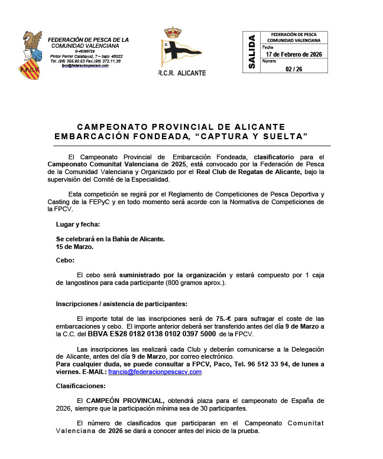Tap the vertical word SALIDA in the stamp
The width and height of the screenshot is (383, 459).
252,52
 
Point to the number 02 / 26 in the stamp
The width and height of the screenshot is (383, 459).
294,68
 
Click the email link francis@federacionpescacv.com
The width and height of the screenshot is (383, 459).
155,372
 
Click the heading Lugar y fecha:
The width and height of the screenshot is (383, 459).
78,224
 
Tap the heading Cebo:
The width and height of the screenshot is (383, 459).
65,260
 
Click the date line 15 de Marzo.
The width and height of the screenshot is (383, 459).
75,247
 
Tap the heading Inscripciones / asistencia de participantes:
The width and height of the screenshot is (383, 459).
121,304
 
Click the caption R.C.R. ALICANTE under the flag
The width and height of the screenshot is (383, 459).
182,73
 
